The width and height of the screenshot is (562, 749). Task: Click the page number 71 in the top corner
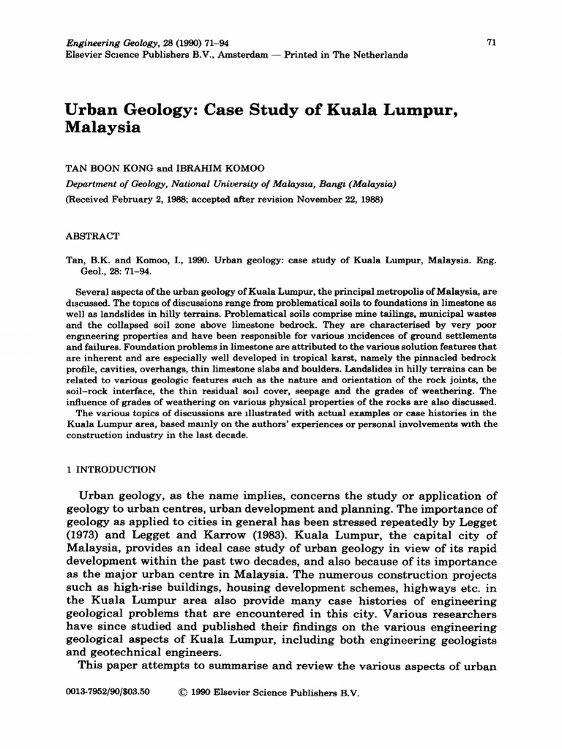(492, 43)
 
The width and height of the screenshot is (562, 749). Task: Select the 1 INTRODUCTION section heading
(107, 470)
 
